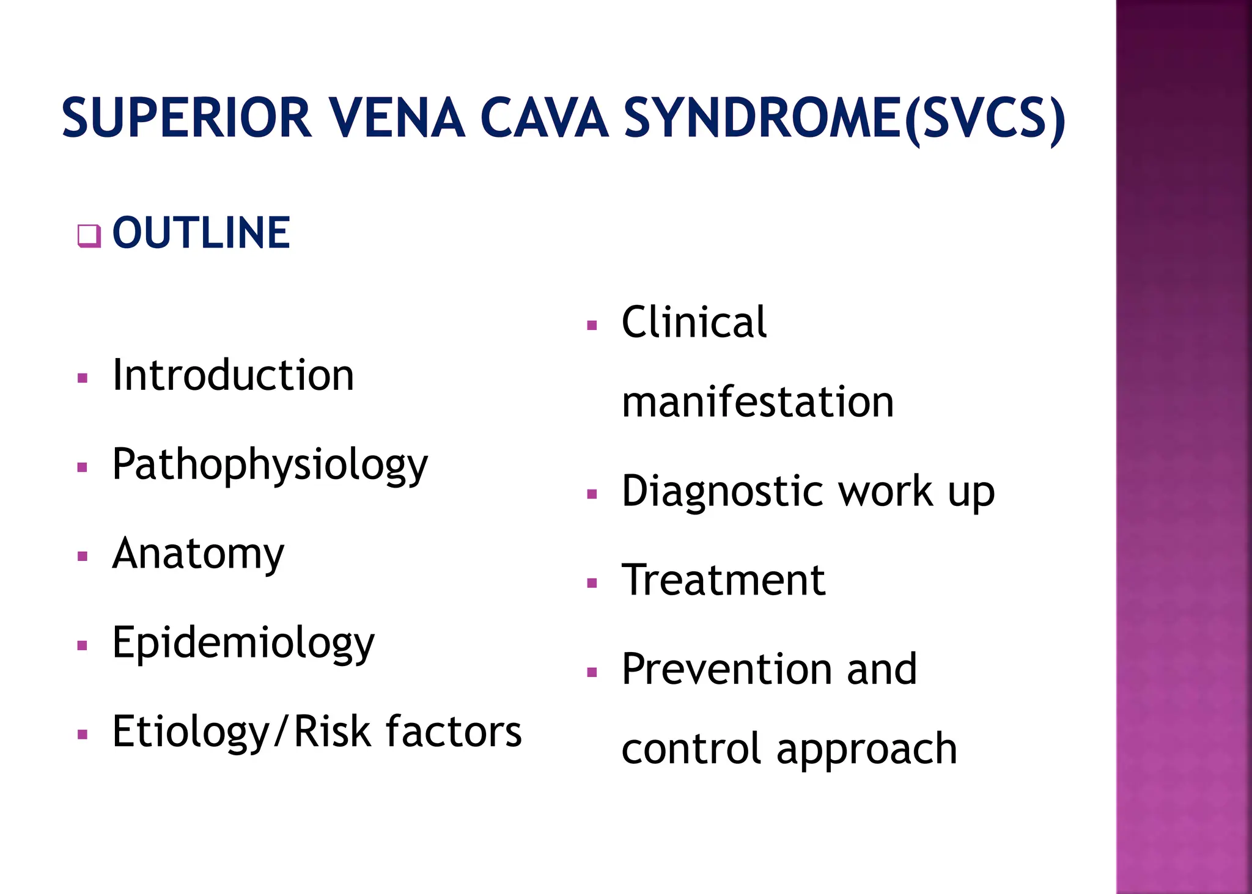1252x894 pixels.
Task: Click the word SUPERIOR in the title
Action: [x=186, y=118]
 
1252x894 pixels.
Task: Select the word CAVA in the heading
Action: [x=544, y=118]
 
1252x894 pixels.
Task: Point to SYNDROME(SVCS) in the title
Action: [x=844, y=119]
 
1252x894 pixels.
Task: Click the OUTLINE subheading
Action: [x=201, y=233]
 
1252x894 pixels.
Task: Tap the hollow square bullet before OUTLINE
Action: [x=89, y=236]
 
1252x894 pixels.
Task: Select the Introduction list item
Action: [x=233, y=375]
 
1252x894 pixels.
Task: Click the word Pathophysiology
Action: [x=270, y=464]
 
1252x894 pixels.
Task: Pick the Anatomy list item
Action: [x=198, y=554]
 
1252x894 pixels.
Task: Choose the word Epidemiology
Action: [x=243, y=643]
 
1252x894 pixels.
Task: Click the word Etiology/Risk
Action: [x=241, y=732]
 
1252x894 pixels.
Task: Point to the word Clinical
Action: [x=694, y=322]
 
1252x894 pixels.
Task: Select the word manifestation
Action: [x=757, y=402]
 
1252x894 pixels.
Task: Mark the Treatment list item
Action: [x=723, y=580]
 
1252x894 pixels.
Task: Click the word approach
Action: [x=866, y=749]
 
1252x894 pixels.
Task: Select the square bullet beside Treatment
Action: [x=591, y=583]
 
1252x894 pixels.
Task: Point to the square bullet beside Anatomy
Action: [x=83, y=557]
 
